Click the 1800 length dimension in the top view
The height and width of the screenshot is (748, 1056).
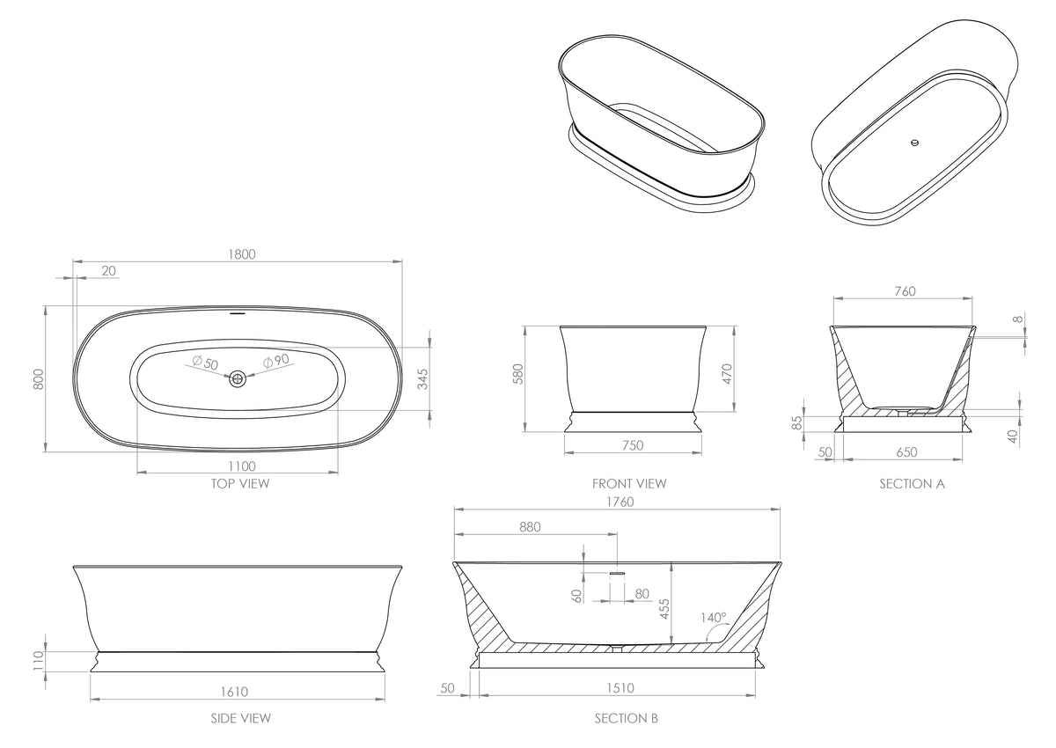pyautogui.click(x=242, y=254)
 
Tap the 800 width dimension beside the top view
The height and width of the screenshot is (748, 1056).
pyautogui.click(x=39, y=379)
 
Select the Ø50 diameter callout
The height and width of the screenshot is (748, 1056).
pyautogui.click(x=205, y=363)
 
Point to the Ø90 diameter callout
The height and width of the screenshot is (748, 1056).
pyautogui.click(x=275, y=361)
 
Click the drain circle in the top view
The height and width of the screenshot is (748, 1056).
pyautogui.click(x=238, y=378)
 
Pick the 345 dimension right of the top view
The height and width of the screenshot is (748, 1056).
pyautogui.click(x=423, y=379)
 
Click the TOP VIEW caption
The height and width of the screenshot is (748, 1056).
pyautogui.click(x=240, y=484)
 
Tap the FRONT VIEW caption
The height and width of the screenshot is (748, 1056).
pyautogui.click(x=629, y=484)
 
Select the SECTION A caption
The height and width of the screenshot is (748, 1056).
pyautogui.click(x=913, y=484)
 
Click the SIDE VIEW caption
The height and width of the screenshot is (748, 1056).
pyautogui.click(x=241, y=718)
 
